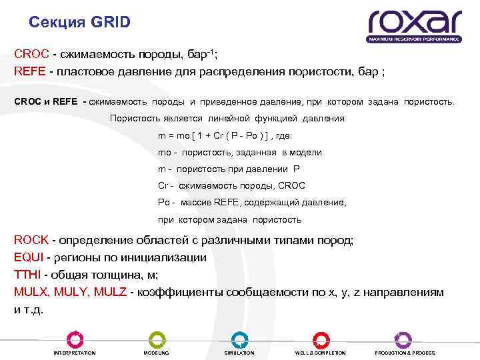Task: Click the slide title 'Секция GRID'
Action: click(x=80, y=23)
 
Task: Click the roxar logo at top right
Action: click(x=414, y=23)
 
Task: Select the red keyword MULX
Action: click(x=32, y=292)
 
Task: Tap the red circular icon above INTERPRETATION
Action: click(x=75, y=338)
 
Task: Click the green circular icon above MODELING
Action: click(x=157, y=338)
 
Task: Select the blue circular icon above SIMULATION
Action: click(x=239, y=338)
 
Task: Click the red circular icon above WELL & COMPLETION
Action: click(x=321, y=338)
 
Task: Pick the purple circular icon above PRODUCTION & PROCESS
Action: click(x=403, y=338)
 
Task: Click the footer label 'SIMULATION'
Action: click(x=239, y=353)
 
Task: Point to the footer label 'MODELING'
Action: click(x=157, y=353)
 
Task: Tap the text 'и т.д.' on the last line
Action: click(x=29, y=309)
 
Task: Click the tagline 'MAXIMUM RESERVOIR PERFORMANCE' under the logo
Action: click(x=414, y=40)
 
